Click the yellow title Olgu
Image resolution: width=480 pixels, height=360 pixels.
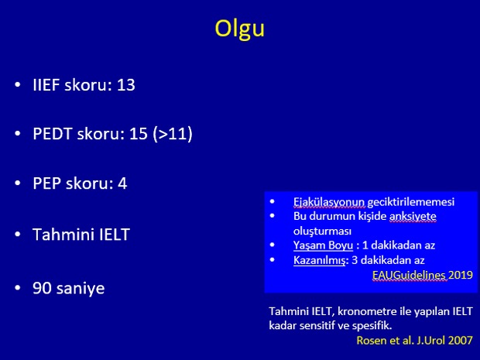(240, 29)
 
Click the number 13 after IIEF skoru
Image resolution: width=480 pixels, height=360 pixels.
(126, 85)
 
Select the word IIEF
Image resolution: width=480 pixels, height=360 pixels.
(46, 85)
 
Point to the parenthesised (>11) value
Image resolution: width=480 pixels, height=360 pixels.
(173, 134)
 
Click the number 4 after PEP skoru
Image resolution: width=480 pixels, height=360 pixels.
(122, 183)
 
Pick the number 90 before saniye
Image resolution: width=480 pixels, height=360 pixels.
(43, 288)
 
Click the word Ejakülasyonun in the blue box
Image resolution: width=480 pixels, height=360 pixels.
(329, 202)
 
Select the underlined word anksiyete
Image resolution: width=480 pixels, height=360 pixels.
(413, 217)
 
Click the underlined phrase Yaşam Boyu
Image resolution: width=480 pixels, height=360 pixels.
(324, 245)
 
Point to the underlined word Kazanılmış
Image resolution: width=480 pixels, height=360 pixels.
(320, 260)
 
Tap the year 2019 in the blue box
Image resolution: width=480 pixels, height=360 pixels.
(461, 275)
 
